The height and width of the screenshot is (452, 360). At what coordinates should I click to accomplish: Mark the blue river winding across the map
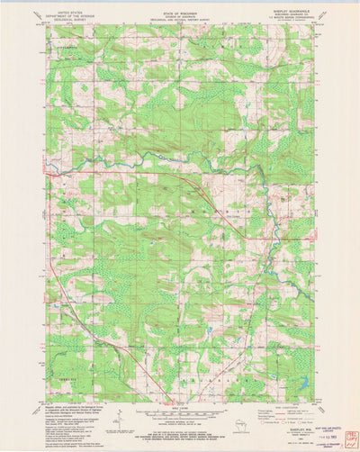180,162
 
